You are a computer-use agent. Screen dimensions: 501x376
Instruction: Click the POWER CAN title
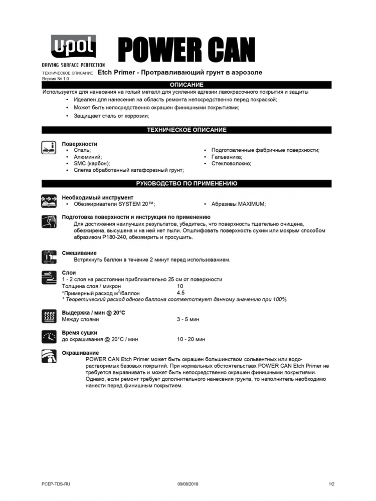click(x=186, y=50)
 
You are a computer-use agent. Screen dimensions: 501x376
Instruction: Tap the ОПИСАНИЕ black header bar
click(x=186, y=85)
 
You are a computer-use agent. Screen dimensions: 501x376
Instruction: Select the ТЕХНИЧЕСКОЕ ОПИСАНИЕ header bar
click(x=186, y=130)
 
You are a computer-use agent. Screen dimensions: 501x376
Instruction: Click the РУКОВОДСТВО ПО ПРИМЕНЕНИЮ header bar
click(x=186, y=184)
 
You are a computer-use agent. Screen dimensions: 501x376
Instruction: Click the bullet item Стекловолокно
click(x=231, y=163)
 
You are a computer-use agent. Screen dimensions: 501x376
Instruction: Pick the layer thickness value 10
click(x=180, y=286)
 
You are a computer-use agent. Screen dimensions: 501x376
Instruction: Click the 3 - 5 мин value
click(x=188, y=319)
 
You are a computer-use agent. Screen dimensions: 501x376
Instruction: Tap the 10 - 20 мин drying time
click(x=191, y=339)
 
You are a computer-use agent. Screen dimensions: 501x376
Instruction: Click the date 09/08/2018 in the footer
click(x=187, y=484)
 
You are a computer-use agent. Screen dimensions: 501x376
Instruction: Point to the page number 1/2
click(x=331, y=484)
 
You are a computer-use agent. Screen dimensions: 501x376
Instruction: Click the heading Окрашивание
click(x=80, y=353)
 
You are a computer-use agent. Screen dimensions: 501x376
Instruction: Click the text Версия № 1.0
click(x=55, y=79)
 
